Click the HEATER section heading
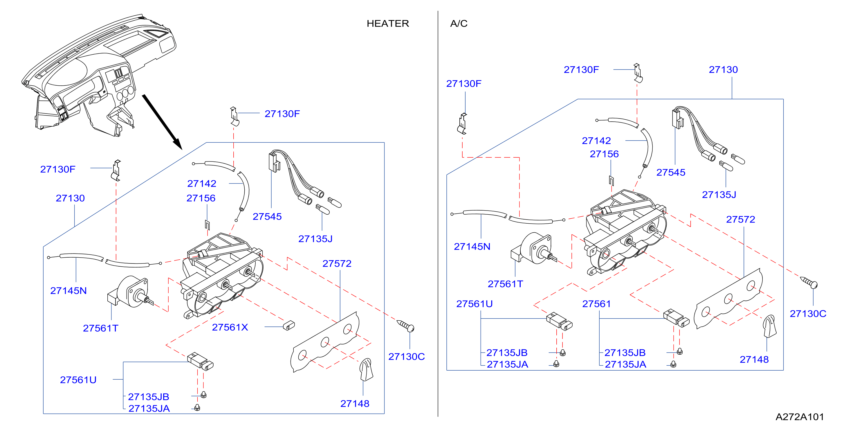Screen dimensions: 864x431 (x=388, y=24)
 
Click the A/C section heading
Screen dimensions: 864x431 (x=459, y=24)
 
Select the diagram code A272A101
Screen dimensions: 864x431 (x=800, y=416)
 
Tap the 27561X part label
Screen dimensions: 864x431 (x=230, y=327)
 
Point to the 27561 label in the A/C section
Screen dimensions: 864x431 (x=596, y=304)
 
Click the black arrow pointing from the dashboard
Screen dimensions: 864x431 (x=162, y=122)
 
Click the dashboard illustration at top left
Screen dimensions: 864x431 (x=99, y=76)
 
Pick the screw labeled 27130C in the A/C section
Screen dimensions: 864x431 (x=809, y=283)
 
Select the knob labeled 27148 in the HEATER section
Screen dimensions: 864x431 (x=366, y=369)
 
